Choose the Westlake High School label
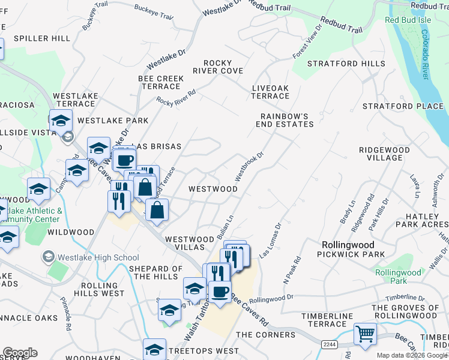tap(98, 258)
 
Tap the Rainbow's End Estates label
tap(287, 120)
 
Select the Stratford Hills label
tap(346, 64)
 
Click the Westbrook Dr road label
tap(249, 166)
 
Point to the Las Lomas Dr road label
tap(270, 241)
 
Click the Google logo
tap(20, 353)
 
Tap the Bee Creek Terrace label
tap(161, 82)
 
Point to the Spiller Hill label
tap(42, 38)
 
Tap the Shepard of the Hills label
tap(155, 272)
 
